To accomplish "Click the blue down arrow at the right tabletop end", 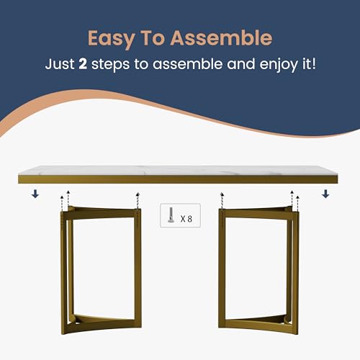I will coord(325,193).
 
